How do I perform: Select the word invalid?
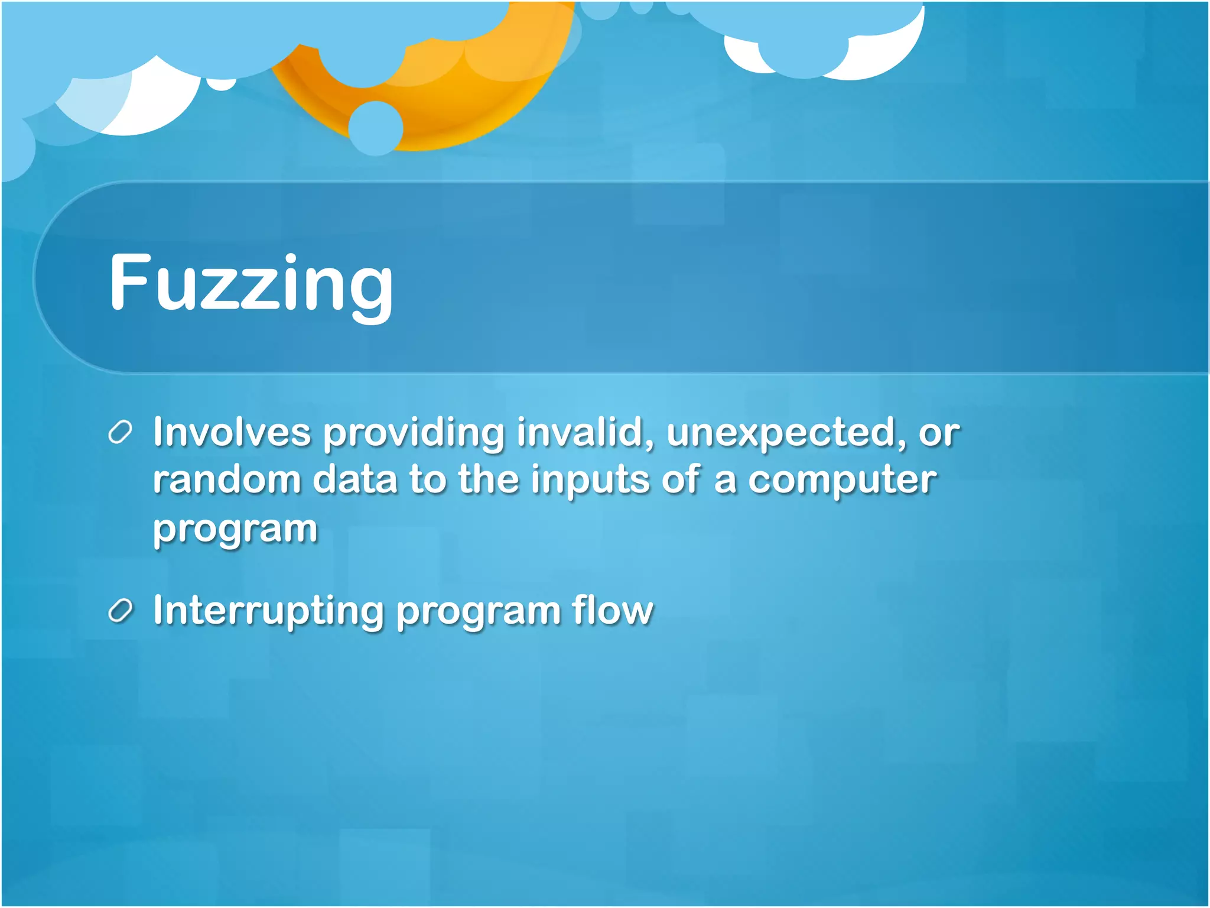point(585,432)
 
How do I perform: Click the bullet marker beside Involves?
point(120,433)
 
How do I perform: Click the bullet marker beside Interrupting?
point(120,611)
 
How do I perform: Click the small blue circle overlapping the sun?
point(375,128)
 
